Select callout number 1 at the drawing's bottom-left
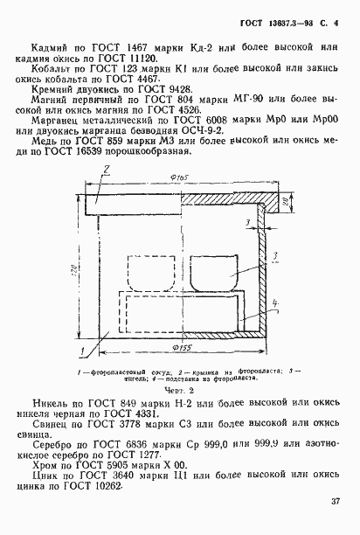(81, 350)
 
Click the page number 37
(336, 502)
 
